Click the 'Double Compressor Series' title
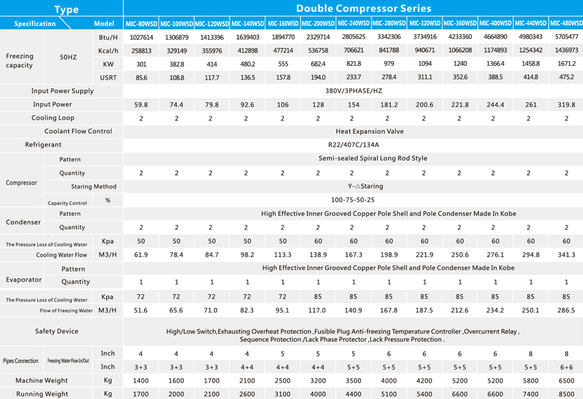pyautogui.click(x=364, y=8)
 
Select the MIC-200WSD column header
pyautogui.click(x=318, y=23)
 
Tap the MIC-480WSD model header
pyautogui.click(x=567, y=23)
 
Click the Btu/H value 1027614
pyautogui.click(x=141, y=37)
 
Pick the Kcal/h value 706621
pyautogui.click(x=353, y=50)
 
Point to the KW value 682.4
pyautogui.click(x=318, y=64)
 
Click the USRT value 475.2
pyautogui.click(x=567, y=77)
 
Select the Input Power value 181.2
pyautogui.click(x=389, y=105)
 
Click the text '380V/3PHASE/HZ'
pyautogui.click(x=354, y=91)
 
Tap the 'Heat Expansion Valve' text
pyautogui.click(x=370, y=132)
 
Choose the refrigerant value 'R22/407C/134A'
pyautogui.click(x=354, y=145)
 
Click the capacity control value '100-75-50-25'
pyautogui.click(x=353, y=200)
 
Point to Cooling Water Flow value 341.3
pyautogui.click(x=567, y=255)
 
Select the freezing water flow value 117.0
pyautogui.click(x=317, y=310)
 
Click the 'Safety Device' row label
pyautogui.click(x=56, y=331)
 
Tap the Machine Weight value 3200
pyautogui.click(x=318, y=380)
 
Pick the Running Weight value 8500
pyautogui.click(x=567, y=394)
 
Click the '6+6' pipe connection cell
pyautogui.click(x=567, y=367)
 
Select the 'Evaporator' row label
pyautogui.click(x=23, y=280)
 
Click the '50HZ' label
pyautogui.click(x=68, y=57)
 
